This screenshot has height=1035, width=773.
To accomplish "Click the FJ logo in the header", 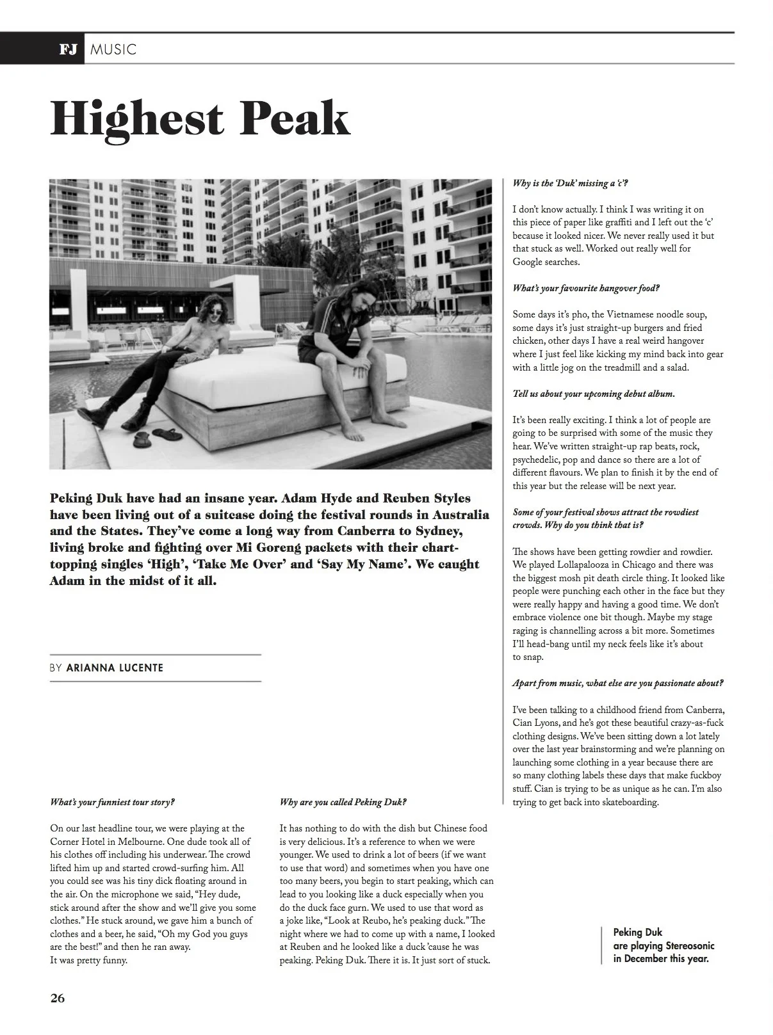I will (x=67, y=49).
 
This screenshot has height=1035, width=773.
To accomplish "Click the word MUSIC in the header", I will (x=113, y=49).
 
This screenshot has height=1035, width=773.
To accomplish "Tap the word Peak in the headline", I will (x=295, y=118).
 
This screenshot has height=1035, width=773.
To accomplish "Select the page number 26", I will (x=58, y=999).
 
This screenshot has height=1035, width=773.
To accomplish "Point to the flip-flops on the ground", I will (x=152, y=438).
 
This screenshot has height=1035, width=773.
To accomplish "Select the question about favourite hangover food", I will (x=585, y=289).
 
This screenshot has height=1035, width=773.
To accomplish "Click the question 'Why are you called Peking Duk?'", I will (x=343, y=802).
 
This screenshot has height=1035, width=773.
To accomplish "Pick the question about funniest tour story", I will (x=112, y=802).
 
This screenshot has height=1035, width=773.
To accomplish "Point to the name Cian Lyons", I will (x=535, y=723).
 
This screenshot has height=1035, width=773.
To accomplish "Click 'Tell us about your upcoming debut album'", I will (x=593, y=394).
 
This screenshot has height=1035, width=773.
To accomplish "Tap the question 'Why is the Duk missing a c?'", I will (x=570, y=184).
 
